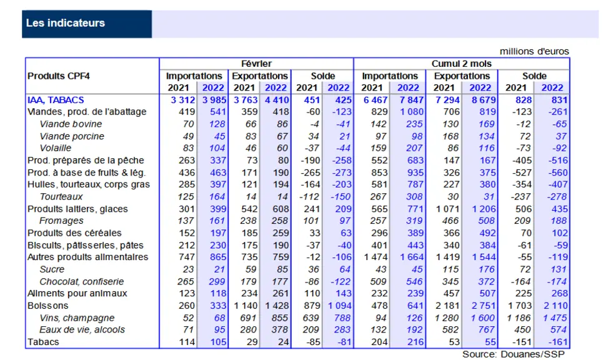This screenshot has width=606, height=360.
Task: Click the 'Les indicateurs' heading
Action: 66,23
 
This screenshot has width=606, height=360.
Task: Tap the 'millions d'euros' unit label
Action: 534,51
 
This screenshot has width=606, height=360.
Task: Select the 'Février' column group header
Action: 256,64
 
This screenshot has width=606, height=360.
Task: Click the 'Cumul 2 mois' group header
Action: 462,64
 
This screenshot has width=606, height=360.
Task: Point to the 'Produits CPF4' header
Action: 58,76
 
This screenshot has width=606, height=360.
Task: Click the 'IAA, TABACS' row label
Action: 56,100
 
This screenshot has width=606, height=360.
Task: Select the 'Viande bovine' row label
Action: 71,124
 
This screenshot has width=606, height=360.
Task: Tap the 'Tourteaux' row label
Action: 61,197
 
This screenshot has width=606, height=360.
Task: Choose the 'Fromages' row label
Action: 61,221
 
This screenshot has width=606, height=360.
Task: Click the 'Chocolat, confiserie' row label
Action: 82,281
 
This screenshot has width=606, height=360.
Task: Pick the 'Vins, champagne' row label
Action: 77,318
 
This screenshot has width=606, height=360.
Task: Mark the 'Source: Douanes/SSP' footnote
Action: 514,354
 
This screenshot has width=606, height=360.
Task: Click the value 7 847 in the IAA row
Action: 412,100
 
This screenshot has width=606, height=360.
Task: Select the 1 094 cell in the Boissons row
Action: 340,306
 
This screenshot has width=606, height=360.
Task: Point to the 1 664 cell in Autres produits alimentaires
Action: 412,257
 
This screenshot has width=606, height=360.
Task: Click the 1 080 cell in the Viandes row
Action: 412,112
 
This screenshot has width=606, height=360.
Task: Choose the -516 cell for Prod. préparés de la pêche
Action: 558,161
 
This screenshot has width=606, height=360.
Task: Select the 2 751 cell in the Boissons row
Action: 484,306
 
